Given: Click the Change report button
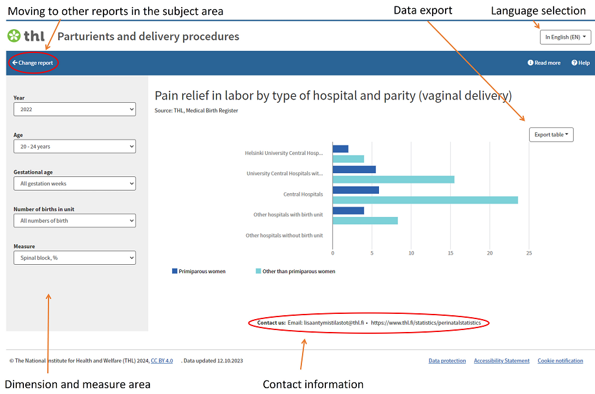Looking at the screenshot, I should (32, 63).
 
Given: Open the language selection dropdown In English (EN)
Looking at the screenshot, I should (566, 37).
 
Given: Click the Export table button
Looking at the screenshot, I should (551, 134).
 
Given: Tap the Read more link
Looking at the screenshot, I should (544, 63).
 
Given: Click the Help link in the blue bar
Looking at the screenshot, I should (580, 63).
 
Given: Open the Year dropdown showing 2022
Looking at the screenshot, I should (74, 109).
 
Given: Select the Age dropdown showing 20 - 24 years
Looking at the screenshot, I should (74, 147).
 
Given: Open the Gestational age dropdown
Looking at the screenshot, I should (74, 183).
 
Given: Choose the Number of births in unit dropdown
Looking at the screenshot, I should (74, 221).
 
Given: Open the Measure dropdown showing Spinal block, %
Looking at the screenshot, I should (74, 258).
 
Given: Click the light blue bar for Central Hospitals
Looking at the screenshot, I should (425, 200).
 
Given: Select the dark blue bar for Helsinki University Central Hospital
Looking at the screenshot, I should (340, 149).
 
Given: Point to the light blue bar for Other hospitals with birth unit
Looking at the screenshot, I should (365, 220).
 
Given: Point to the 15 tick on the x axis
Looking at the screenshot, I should (451, 253).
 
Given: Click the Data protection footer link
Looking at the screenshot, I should (447, 360).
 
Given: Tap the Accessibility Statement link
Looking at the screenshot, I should (501, 360).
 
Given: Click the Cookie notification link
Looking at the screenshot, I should (560, 360).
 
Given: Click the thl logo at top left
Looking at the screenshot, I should (26, 36).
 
